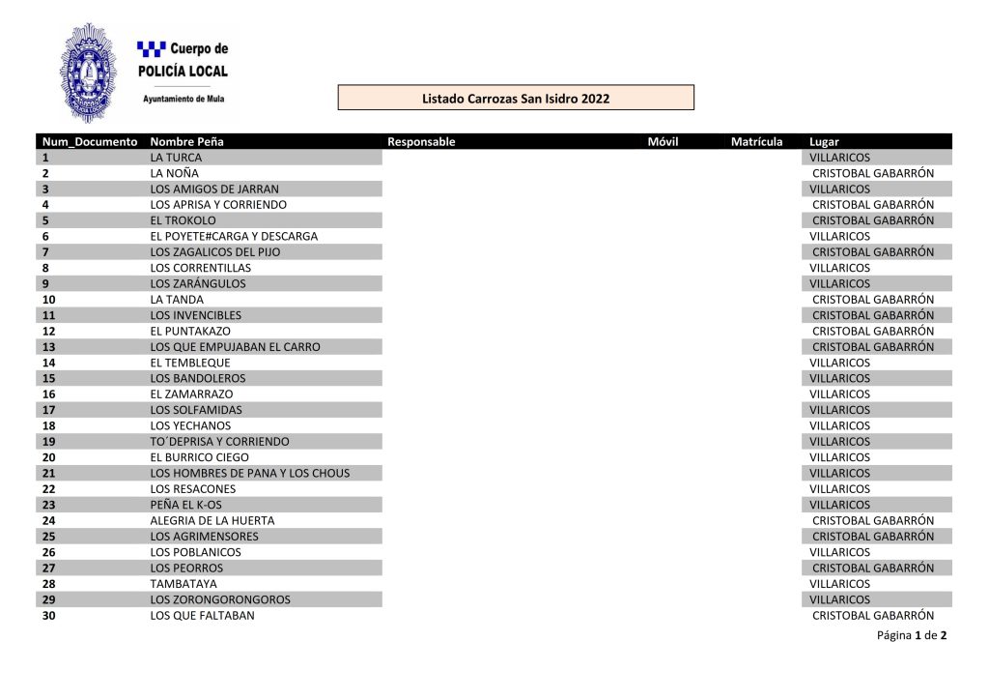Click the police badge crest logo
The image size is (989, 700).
[x=89, y=72]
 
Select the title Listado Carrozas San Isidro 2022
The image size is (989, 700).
[x=516, y=98]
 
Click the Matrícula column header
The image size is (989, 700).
[x=756, y=141]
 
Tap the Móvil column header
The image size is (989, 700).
[x=663, y=141]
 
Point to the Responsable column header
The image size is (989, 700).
[x=421, y=141]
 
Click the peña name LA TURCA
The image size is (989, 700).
[x=176, y=157]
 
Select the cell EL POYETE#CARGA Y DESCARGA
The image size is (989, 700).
[x=234, y=236]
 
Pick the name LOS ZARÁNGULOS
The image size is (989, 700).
[x=198, y=283]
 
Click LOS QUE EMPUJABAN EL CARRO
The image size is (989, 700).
[x=235, y=346]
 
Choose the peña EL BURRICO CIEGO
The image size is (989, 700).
[x=199, y=456]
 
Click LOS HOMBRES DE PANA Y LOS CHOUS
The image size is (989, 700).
[x=249, y=473]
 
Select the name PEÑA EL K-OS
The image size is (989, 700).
[x=185, y=504]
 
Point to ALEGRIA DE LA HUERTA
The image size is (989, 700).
[x=212, y=520]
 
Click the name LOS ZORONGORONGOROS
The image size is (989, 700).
[x=219, y=598]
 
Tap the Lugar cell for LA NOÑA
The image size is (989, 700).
[x=872, y=173]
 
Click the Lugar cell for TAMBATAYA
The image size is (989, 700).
[x=839, y=583]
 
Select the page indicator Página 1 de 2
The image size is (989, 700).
[x=911, y=635]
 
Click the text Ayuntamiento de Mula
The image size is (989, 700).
[x=184, y=99]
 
